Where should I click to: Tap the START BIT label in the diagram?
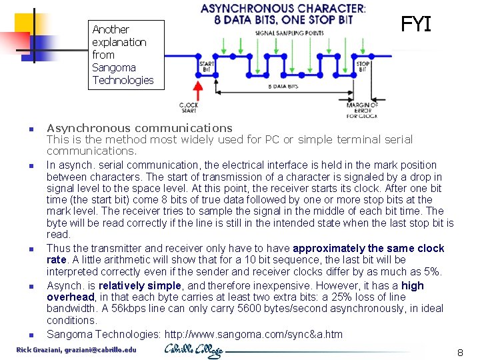pos(207,66)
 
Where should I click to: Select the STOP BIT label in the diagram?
pos(363,67)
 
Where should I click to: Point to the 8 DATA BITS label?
pos(283,86)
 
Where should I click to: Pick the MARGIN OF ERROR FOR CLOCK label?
pos(362,110)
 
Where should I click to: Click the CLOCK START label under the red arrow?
pos(189,108)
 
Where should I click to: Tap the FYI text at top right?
pos(416,25)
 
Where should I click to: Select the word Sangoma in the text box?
pos(114,67)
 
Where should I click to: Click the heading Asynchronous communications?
pos(139,127)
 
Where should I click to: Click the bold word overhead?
pos(71,297)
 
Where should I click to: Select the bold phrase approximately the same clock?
pos(357,248)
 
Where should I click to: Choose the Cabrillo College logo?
pos(194,350)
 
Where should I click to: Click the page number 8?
pos(459,352)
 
